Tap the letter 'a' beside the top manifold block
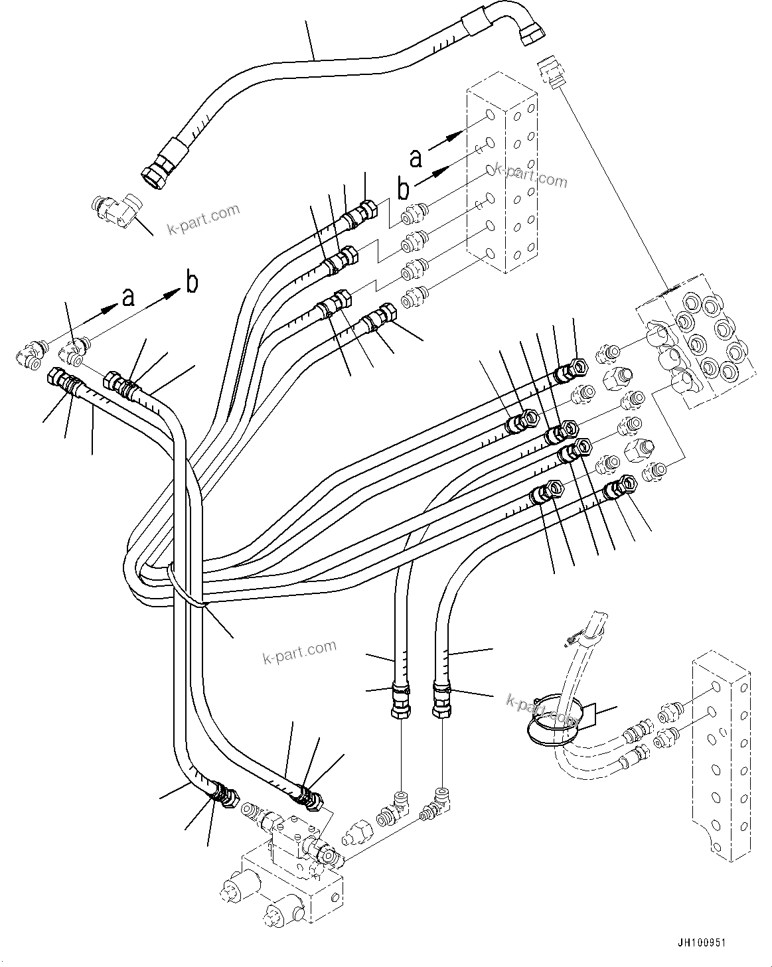(416, 158)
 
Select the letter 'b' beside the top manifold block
(404, 188)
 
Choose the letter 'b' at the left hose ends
(191, 282)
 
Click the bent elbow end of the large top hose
(524, 27)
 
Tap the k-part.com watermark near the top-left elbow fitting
(204, 217)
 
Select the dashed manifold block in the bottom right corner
(720, 757)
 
